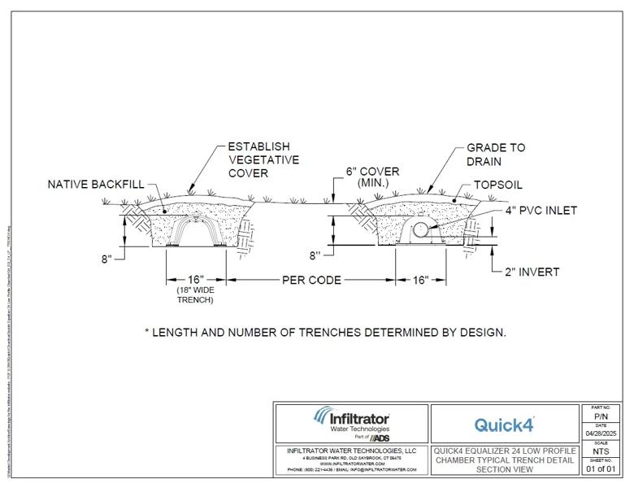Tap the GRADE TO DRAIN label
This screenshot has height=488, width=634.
pos(496,155)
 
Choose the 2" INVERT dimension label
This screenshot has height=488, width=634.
pos(532,272)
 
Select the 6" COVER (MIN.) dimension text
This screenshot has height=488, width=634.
pos(372,178)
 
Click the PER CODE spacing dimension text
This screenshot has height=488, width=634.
pos(311,280)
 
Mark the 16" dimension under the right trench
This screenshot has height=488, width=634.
pos(420,280)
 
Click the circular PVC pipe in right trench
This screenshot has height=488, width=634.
pos(422,231)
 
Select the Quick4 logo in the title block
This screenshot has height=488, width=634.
pos(504,424)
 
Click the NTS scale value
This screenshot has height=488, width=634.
pos(602,451)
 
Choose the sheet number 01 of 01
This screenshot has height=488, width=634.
pos(602,468)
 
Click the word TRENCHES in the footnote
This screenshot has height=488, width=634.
pos(337,332)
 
